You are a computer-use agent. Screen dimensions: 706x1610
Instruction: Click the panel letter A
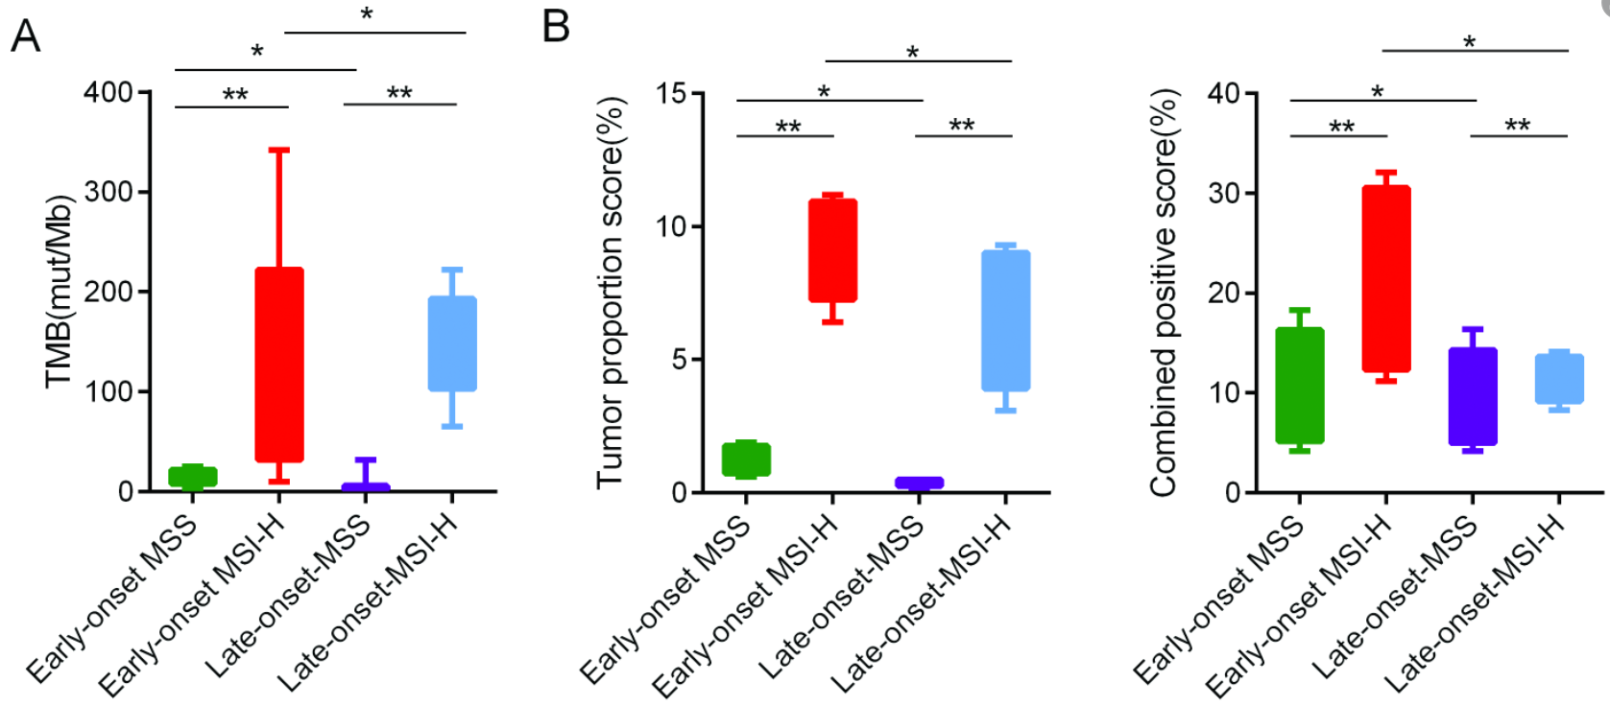26,36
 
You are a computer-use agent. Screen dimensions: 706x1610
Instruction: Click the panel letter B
557,26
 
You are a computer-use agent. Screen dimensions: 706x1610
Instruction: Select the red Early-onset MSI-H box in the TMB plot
279,365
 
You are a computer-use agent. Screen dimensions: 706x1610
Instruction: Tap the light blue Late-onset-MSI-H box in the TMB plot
452,343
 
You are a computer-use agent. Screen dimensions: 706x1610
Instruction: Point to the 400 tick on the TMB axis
108,92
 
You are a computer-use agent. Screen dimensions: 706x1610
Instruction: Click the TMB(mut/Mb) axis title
60,291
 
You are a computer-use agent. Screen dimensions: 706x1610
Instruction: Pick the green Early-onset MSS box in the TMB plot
193,477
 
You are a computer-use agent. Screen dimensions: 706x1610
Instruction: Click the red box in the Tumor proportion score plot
832,250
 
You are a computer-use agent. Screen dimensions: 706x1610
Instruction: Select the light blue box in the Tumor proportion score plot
1005,320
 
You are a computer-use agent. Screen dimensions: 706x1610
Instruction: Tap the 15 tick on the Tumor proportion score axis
671,93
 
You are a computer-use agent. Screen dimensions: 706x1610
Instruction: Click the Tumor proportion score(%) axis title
611,291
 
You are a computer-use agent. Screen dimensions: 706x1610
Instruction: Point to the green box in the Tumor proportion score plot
746,459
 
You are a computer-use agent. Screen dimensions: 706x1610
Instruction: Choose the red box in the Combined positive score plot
1385,278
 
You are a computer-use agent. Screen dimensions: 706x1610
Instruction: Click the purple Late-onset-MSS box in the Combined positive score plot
1473,396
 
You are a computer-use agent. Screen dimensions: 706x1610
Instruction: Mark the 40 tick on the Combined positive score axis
1224,93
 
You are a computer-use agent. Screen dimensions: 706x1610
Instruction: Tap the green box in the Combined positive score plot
1300,386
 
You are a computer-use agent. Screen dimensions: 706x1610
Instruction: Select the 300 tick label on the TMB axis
108,192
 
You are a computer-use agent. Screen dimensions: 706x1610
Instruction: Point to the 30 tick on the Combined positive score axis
1224,193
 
